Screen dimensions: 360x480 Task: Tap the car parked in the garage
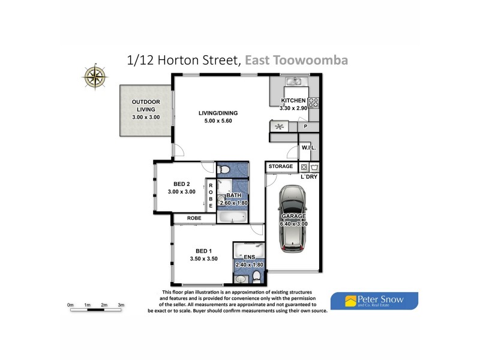[x=293, y=217]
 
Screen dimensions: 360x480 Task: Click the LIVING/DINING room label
[x=219, y=113]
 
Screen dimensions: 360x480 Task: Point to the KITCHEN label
[x=294, y=100]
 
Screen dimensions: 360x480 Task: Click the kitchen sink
[x=295, y=82]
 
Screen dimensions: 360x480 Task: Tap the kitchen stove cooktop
[x=313, y=102]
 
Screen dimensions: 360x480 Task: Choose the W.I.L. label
[x=308, y=148]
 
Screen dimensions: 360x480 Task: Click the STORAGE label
[x=281, y=166]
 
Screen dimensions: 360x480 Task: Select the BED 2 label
[x=181, y=184]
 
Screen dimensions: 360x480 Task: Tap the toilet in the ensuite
[x=257, y=275]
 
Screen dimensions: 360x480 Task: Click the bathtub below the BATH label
[x=228, y=215]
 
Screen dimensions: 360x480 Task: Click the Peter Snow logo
[x=374, y=300]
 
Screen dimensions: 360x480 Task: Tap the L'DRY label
[x=309, y=177]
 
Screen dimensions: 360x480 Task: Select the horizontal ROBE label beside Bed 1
[x=193, y=218]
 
